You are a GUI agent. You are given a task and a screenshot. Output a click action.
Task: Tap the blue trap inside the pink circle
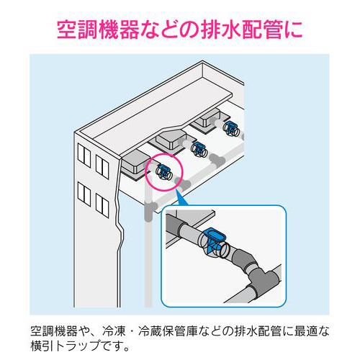pyautogui.click(x=163, y=172)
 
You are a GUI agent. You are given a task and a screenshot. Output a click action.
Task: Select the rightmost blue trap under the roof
pyautogui.click(x=231, y=128)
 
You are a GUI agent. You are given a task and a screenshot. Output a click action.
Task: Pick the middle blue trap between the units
pyautogui.click(x=199, y=149)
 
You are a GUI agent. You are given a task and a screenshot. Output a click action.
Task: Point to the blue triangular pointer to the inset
pyautogui.click(x=181, y=197)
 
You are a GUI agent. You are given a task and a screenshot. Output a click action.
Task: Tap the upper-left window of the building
pyautogui.click(x=84, y=155)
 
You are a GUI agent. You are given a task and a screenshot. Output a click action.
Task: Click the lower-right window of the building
pyautogui.click(x=102, y=205)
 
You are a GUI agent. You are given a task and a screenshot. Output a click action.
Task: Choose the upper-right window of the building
pyautogui.click(x=102, y=167)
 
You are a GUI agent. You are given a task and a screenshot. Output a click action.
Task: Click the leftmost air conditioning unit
pyautogui.click(x=135, y=165)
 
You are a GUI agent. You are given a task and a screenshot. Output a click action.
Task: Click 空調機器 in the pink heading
pyautogui.click(x=99, y=30)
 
